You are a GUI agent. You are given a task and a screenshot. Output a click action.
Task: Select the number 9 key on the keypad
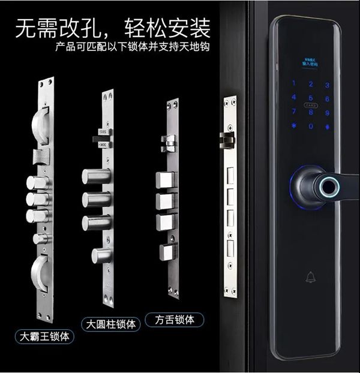coord(327,112)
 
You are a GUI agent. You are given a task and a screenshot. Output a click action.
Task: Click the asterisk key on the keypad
coord(293,126)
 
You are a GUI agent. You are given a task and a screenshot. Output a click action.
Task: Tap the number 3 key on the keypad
coord(327,85)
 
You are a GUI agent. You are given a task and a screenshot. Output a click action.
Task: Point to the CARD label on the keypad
coord(310,105)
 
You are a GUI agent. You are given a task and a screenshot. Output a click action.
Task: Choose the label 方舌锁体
coord(174,319)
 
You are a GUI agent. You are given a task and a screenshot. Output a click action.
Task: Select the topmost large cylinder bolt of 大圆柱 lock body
coord(96,177)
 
